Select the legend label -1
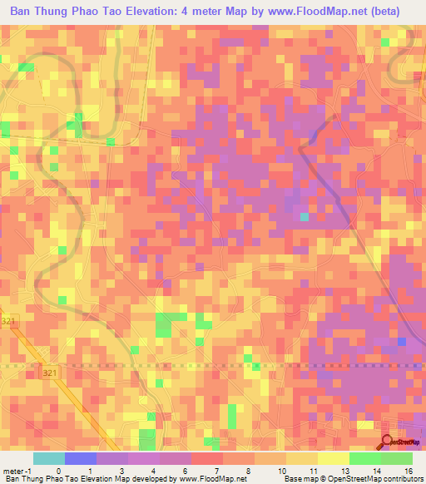24,470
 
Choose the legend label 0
58,470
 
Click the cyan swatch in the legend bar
48,458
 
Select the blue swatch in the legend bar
80,458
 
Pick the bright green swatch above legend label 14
364,458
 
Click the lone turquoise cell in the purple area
305,216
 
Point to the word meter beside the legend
12,470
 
